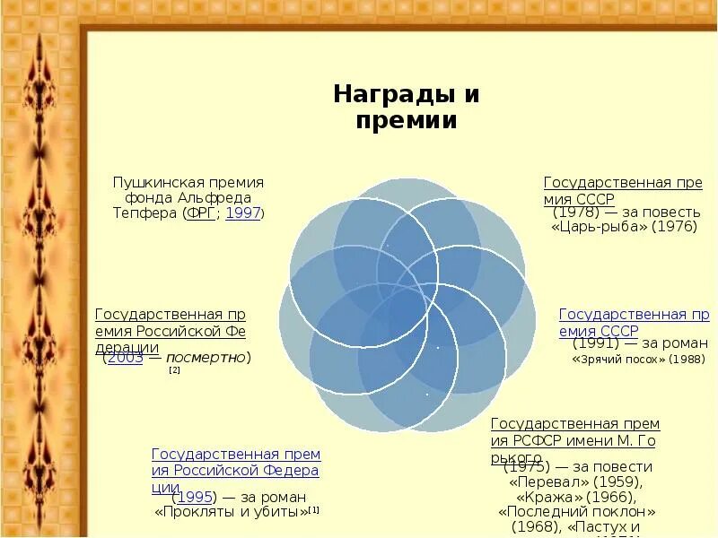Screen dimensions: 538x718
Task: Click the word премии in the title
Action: pyautogui.click(x=407, y=121)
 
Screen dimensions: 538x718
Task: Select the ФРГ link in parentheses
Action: pyautogui.click(x=201, y=213)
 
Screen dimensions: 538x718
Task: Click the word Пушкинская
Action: pyautogui.click(x=149, y=181)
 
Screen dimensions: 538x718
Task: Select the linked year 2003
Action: pyautogui.click(x=124, y=358)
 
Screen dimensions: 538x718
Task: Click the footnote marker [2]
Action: pyautogui.click(x=174, y=369)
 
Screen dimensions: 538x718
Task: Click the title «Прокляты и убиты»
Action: pyautogui.click(x=231, y=513)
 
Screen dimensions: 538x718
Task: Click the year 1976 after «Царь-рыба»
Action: pyautogui.click(x=674, y=228)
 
